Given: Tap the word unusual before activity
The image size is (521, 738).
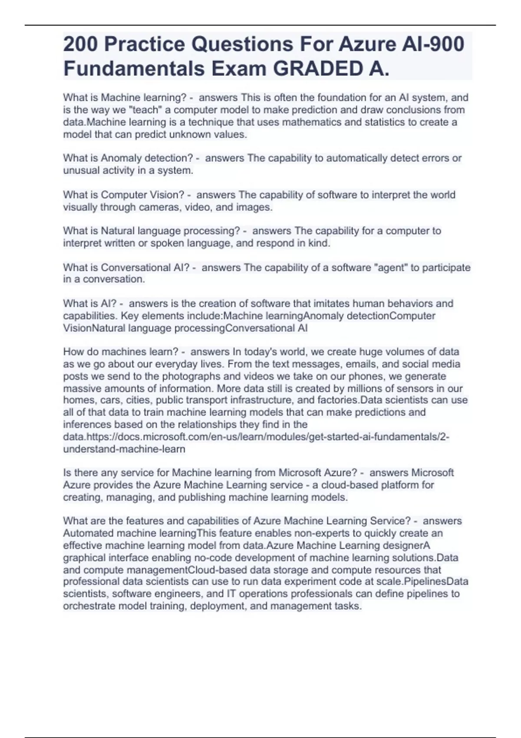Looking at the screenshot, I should click(80, 171).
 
